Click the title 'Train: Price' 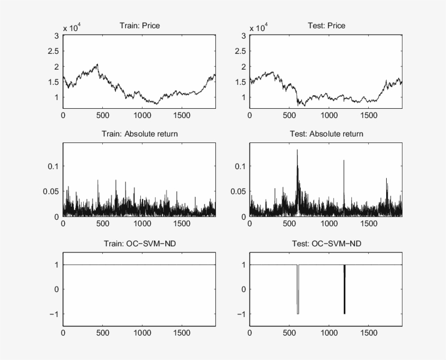tap(139, 26)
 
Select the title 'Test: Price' tap(326, 26)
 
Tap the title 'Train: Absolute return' tap(139, 134)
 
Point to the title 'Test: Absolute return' tap(326, 134)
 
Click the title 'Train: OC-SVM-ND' tap(139, 243)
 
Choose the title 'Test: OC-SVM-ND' tap(326, 243)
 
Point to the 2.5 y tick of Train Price tap(53, 51)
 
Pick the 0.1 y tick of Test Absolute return tap(240, 166)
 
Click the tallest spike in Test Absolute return tap(297, 150)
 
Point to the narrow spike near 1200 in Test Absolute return tap(344, 162)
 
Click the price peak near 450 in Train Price tap(97, 64)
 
